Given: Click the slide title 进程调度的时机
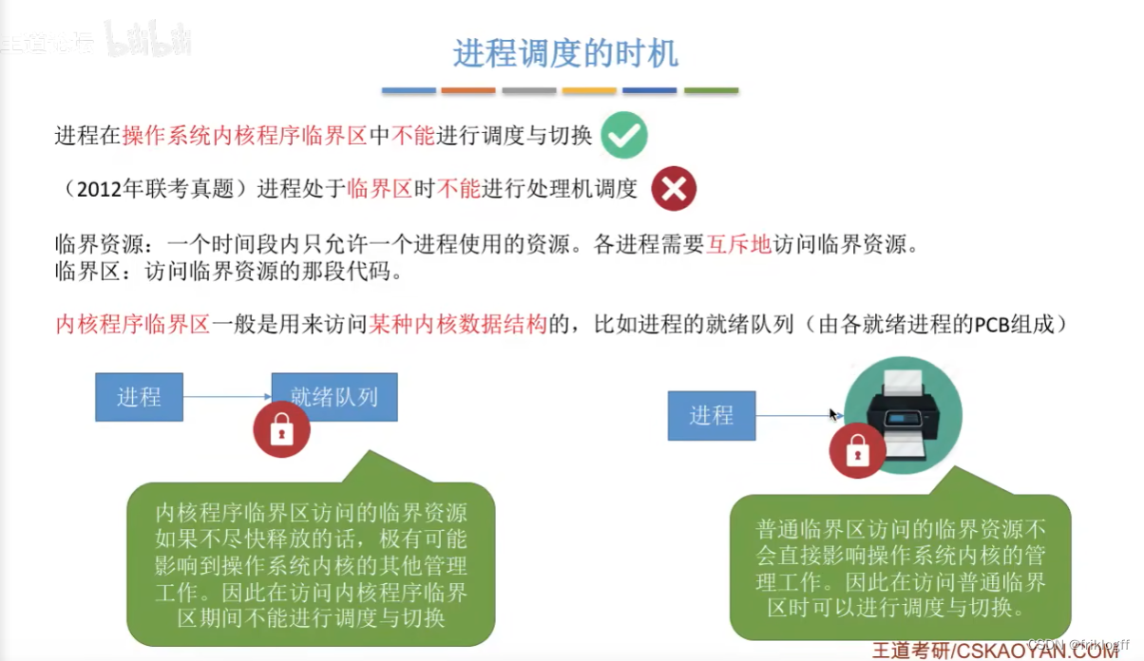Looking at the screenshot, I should pyautogui.click(x=565, y=52).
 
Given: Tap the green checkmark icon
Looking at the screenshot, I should pyautogui.click(x=624, y=136).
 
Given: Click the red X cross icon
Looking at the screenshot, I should pyautogui.click(x=674, y=189).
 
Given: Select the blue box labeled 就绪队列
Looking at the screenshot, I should pyautogui.click(x=334, y=396).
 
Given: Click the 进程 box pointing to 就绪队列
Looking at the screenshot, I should pyautogui.click(x=139, y=396).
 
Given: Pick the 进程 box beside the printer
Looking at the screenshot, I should pyautogui.click(x=712, y=415).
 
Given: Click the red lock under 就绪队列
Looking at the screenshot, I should pyautogui.click(x=281, y=431).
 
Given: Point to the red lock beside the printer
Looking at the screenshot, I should pyautogui.click(x=858, y=451).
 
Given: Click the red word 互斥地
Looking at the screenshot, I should pyautogui.click(x=737, y=245).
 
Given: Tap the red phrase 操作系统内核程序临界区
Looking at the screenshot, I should pyautogui.click(x=244, y=136).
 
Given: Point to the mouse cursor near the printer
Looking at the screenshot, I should pyautogui.click(x=833, y=414).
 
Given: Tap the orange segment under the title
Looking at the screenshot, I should pyautogui.click(x=468, y=91).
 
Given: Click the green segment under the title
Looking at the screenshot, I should pyautogui.click(x=711, y=91).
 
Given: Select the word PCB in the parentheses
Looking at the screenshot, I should pyautogui.click(x=988, y=325).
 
